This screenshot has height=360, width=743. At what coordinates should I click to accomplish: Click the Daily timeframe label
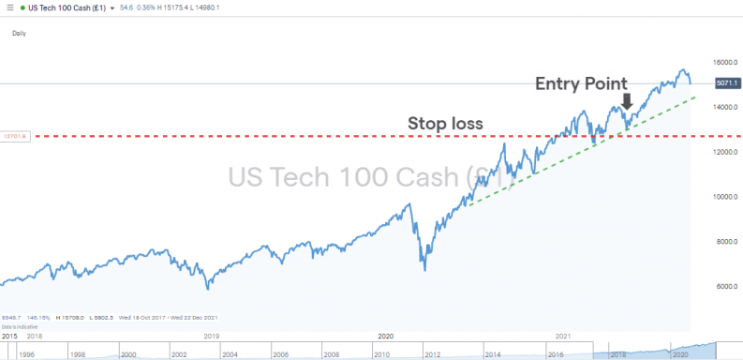point(20,33)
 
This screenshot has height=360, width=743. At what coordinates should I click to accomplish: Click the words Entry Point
point(581,83)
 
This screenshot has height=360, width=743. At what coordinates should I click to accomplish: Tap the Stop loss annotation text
point(445,123)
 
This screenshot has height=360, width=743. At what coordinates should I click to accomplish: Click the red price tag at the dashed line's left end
point(17,136)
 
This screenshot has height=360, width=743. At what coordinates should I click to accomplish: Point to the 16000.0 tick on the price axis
point(721,62)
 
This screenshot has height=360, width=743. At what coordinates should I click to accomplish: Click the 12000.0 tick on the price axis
point(721,152)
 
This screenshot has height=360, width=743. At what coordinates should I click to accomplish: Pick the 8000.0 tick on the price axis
point(721,242)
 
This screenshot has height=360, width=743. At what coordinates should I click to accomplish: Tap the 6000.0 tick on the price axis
point(721,287)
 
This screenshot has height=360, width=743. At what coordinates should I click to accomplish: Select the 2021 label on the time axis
point(563,335)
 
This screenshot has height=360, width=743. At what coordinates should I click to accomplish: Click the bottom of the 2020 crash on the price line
point(424,270)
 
